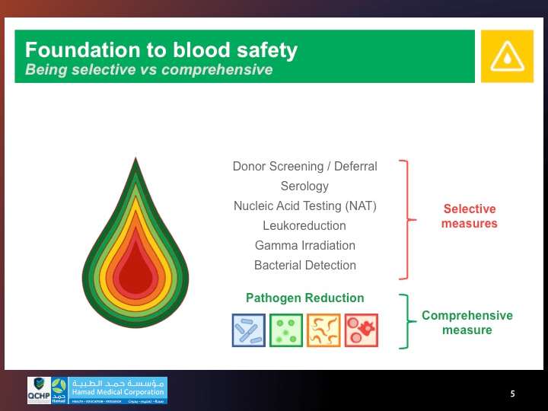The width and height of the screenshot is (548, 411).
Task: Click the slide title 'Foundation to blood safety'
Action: click(161, 50)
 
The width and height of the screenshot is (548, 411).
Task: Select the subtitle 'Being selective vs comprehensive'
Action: click(148, 70)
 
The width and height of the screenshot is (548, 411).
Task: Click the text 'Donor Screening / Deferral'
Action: click(304, 166)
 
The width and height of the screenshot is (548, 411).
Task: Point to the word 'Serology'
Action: click(304, 186)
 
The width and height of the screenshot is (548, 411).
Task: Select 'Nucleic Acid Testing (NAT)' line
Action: click(304, 205)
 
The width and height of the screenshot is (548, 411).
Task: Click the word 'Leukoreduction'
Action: click(304, 225)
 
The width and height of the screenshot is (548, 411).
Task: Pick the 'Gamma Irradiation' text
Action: click(304, 245)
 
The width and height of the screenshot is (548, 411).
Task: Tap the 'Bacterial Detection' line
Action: click(304, 265)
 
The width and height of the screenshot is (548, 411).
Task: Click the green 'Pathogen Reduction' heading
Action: click(304, 298)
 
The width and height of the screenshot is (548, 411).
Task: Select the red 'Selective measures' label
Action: click(469, 216)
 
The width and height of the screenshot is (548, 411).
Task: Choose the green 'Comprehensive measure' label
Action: click(467, 323)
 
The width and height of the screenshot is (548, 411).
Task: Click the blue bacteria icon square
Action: click(248, 330)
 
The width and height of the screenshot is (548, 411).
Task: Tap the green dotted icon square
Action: click(285, 330)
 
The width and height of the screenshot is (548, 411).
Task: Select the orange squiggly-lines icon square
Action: click(323, 330)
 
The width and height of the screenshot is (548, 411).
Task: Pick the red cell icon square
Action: click(361, 330)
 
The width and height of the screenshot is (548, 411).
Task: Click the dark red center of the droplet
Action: click(135, 270)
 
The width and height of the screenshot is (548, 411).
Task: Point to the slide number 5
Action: click(512, 393)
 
